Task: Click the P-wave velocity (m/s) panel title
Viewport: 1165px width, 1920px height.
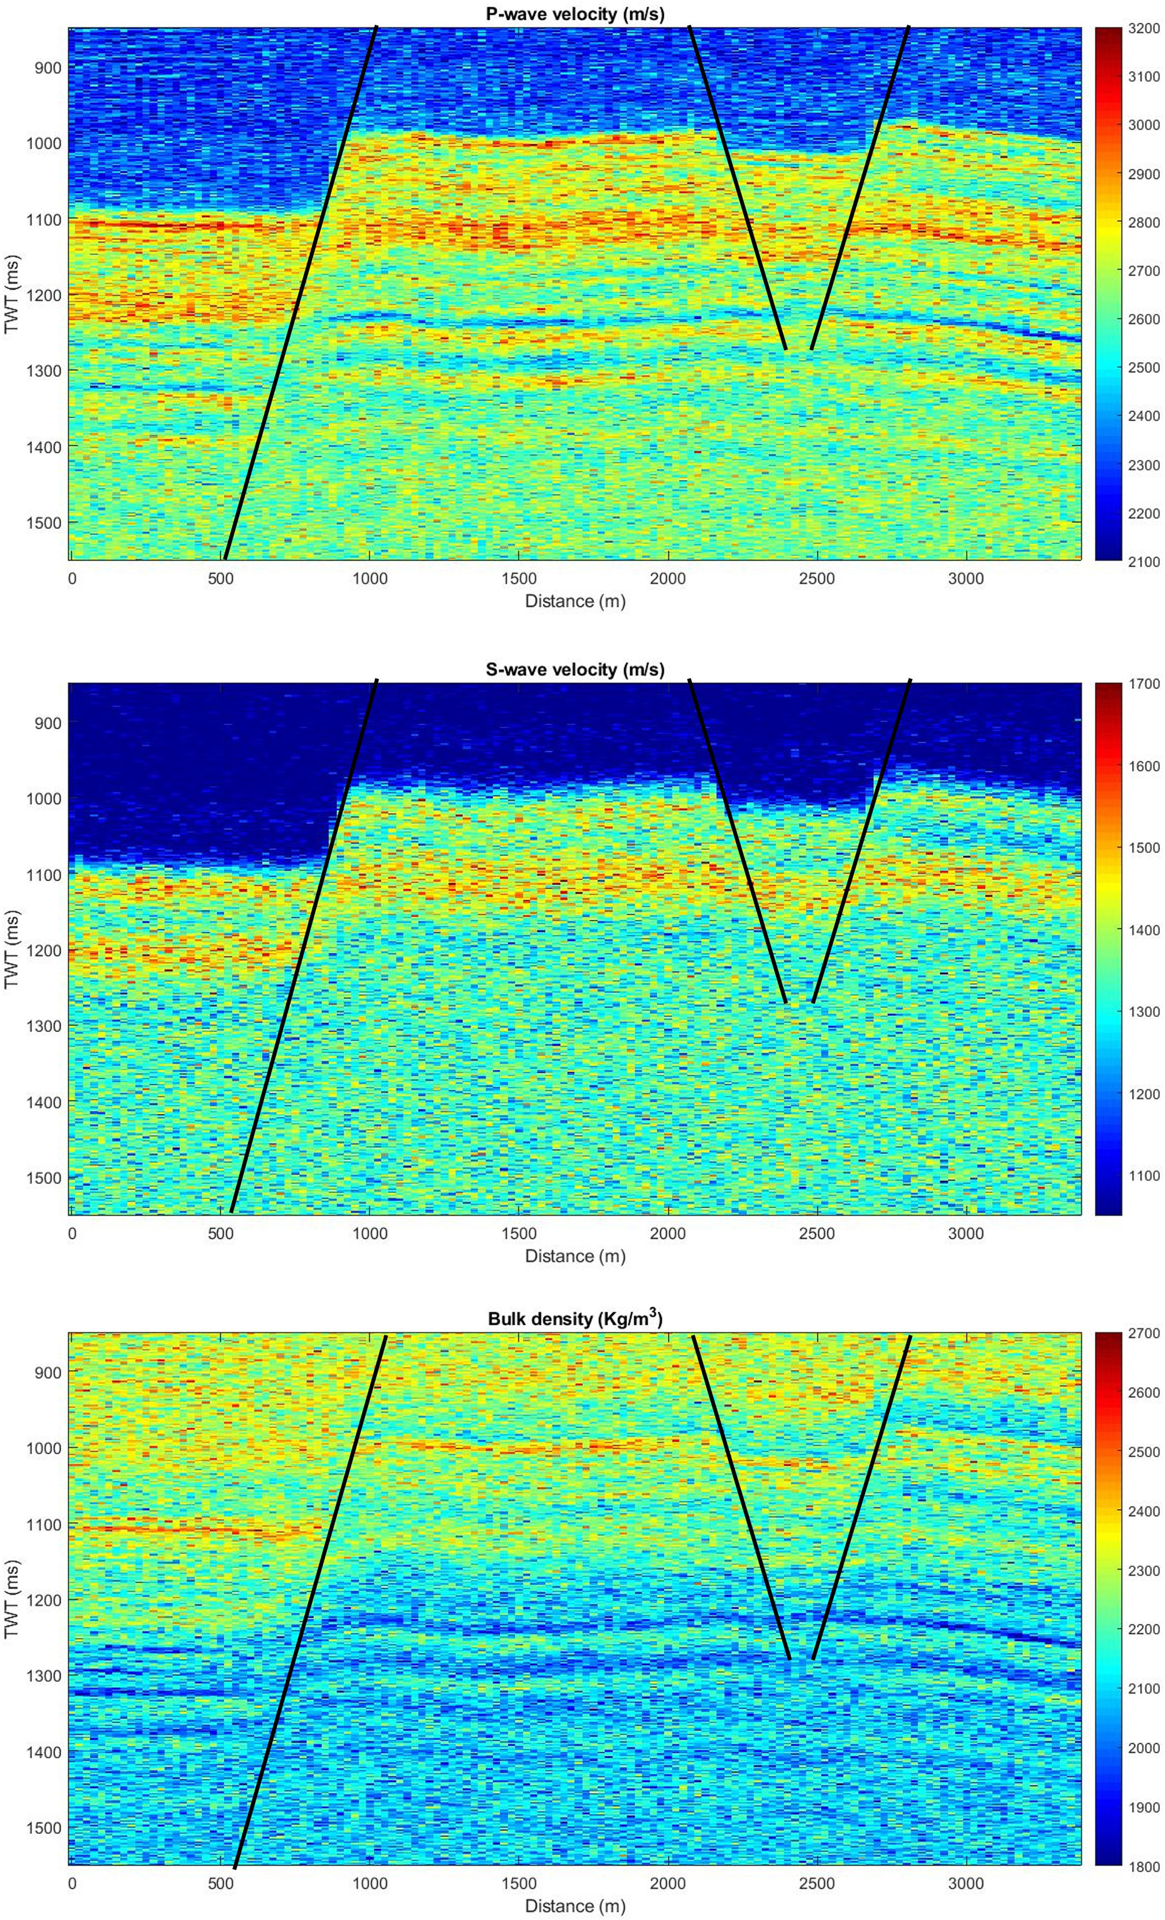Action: (575, 14)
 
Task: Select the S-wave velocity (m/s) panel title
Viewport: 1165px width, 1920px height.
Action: (575, 669)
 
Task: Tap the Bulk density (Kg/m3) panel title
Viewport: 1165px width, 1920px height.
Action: (575, 1319)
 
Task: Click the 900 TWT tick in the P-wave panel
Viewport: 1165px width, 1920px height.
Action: (47, 68)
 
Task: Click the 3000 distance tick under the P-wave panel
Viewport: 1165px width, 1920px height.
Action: (965, 578)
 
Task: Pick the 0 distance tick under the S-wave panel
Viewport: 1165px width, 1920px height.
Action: (73, 1234)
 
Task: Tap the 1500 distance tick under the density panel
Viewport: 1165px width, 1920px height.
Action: (519, 1884)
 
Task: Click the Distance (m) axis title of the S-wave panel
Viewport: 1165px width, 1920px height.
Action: (575, 1256)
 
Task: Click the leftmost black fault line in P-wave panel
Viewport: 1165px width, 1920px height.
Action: (300, 292)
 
